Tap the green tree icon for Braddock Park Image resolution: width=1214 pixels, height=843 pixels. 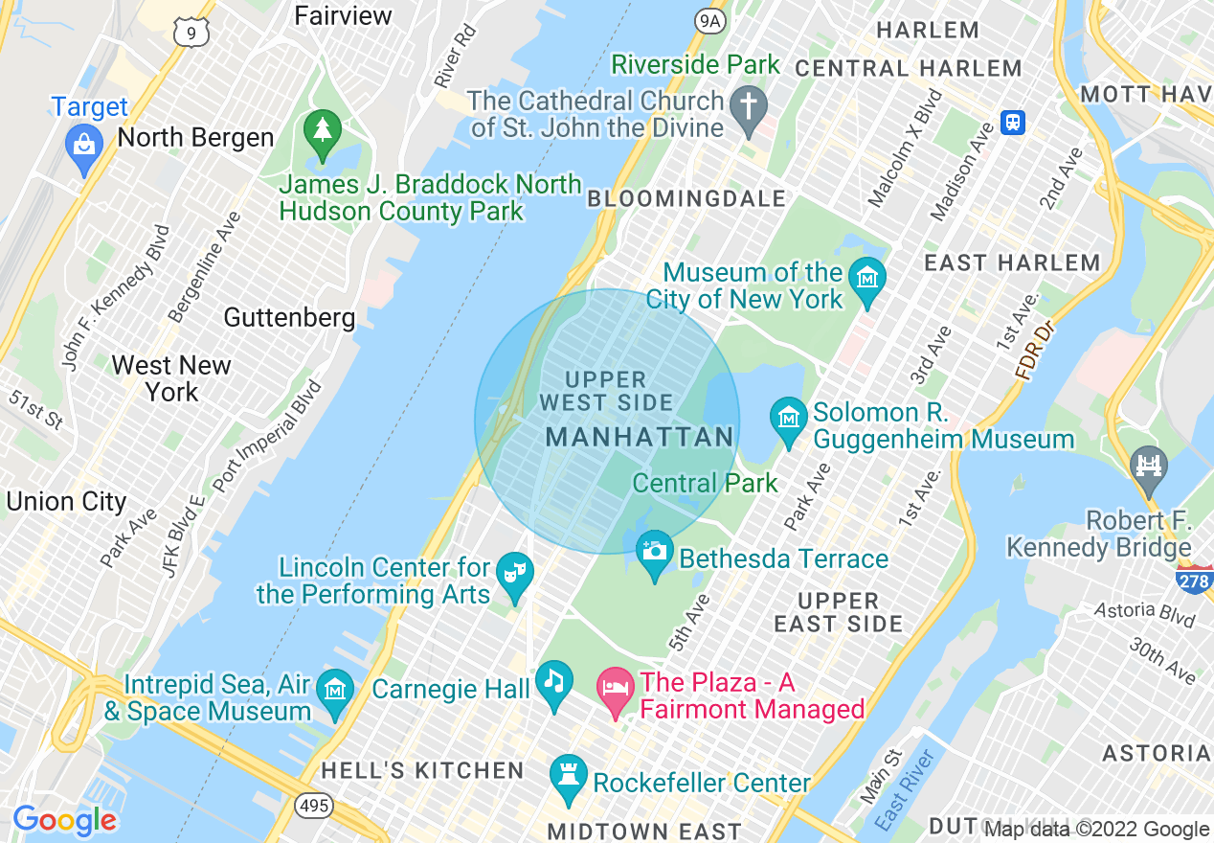pyautogui.click(x=323, y=129)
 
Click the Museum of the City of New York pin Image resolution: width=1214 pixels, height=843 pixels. pyautogui.click(x=868, y=279)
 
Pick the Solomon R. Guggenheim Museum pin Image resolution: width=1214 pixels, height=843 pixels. pyautogui.click(x=788, y=420)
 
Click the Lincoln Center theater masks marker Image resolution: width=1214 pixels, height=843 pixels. pyautogui.click(x=514, y=574)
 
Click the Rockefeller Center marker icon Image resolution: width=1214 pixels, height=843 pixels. pyautogui.click(x=568, y=775)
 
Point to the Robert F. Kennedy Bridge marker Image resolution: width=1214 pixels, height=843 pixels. pyautogui.click(x=1147, y=467)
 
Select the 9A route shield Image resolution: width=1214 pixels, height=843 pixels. pyautogui.click(x=710, y=19)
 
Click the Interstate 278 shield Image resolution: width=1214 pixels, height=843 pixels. pyautogui.click(x=1194, y=579)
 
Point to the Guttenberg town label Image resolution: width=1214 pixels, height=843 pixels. pyautogui.click(x=289, y=317)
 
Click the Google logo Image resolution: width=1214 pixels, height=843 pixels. pyautogui.click(x=64, y=820)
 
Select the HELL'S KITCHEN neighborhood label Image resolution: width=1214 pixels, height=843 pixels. pyautogui.click(x=422, y=770)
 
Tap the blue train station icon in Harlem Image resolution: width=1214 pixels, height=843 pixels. pyautogui.click(x=1013, y=123)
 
